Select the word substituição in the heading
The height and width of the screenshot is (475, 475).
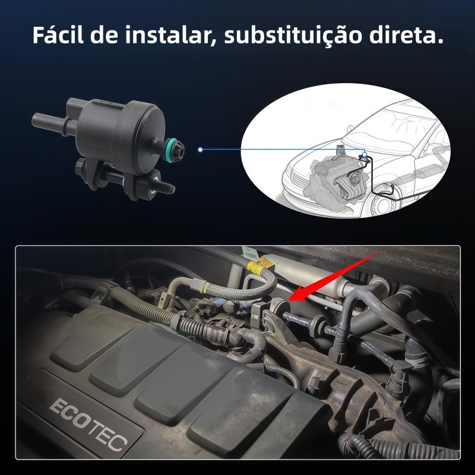pos(293,36)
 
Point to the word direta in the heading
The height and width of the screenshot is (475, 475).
pos(403,35)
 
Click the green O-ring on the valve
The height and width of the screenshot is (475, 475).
pos(170,150)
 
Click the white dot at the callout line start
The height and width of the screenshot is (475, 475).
pos(200,150)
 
